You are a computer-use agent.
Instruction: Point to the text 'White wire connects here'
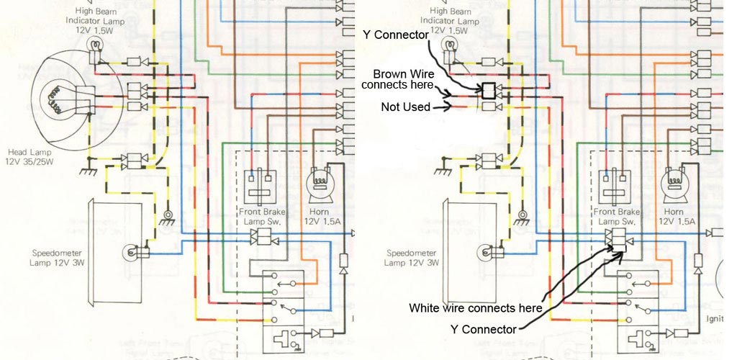click(475, 307)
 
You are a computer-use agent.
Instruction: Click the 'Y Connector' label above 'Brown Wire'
click(396, 34)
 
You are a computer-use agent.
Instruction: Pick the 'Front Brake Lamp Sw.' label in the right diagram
click(618, 217)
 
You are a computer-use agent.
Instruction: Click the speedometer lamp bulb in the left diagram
click(132, 252)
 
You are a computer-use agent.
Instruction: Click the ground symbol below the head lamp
click(89, 171)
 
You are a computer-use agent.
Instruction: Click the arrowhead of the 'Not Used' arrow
click(448, 107)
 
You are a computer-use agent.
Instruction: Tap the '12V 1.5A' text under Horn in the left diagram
click(318, 222)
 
